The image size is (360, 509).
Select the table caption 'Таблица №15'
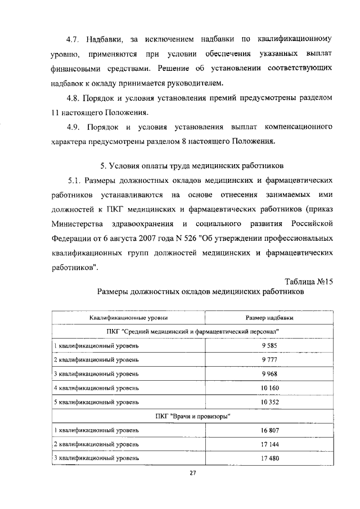[x=309, y=281]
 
